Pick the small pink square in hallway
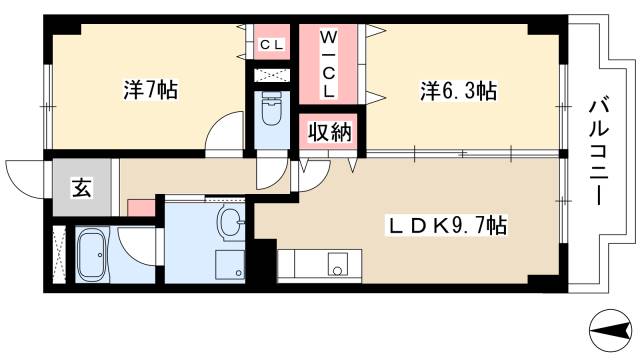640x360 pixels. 141,208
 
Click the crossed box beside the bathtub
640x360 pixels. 58,256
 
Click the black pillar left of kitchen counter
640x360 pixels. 263,262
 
